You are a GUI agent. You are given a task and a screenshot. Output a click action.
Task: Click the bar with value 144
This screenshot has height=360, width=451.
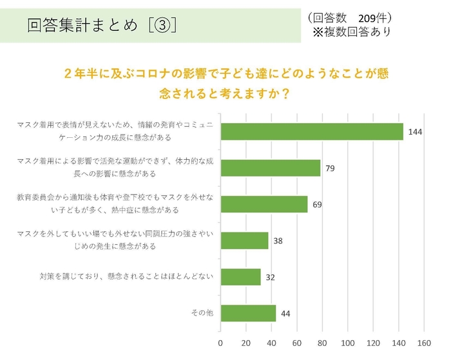coord(312,131)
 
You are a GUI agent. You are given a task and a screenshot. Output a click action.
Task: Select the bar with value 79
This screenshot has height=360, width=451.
coord(271,168)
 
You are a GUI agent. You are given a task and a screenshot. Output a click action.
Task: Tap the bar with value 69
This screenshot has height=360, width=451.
coord(264,204)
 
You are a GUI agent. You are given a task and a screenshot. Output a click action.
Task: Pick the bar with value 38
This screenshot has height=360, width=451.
coord(244,241)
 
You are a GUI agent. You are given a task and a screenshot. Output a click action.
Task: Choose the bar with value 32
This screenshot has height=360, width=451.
coord(240,277)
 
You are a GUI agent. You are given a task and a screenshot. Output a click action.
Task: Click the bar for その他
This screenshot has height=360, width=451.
coord(248,314)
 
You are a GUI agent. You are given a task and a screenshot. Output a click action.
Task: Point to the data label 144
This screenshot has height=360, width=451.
coord(415,132)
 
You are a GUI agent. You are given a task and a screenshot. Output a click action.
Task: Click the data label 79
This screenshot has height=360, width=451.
coord(330,168)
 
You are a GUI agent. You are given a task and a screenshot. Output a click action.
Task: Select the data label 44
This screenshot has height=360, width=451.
coord(285,314)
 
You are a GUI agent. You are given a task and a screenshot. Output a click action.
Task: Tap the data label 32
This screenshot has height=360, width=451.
coord(271,278)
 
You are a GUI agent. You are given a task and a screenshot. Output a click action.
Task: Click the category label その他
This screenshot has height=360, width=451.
coord(202,314)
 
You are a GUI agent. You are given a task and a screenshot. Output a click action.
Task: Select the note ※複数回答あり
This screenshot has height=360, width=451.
coord(351,32)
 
